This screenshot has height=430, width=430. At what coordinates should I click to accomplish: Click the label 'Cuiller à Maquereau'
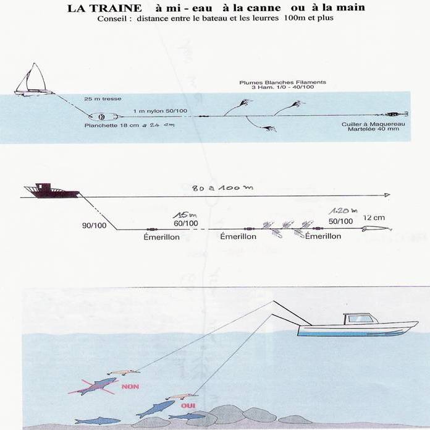point(365,124)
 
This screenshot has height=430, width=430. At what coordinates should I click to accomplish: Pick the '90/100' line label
point(93,225)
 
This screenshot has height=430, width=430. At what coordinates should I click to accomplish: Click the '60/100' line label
point(185,223)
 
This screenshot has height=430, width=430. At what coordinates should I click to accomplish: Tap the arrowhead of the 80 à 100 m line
point(387,195)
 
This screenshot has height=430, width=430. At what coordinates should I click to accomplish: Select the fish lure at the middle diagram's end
point(378,228)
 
